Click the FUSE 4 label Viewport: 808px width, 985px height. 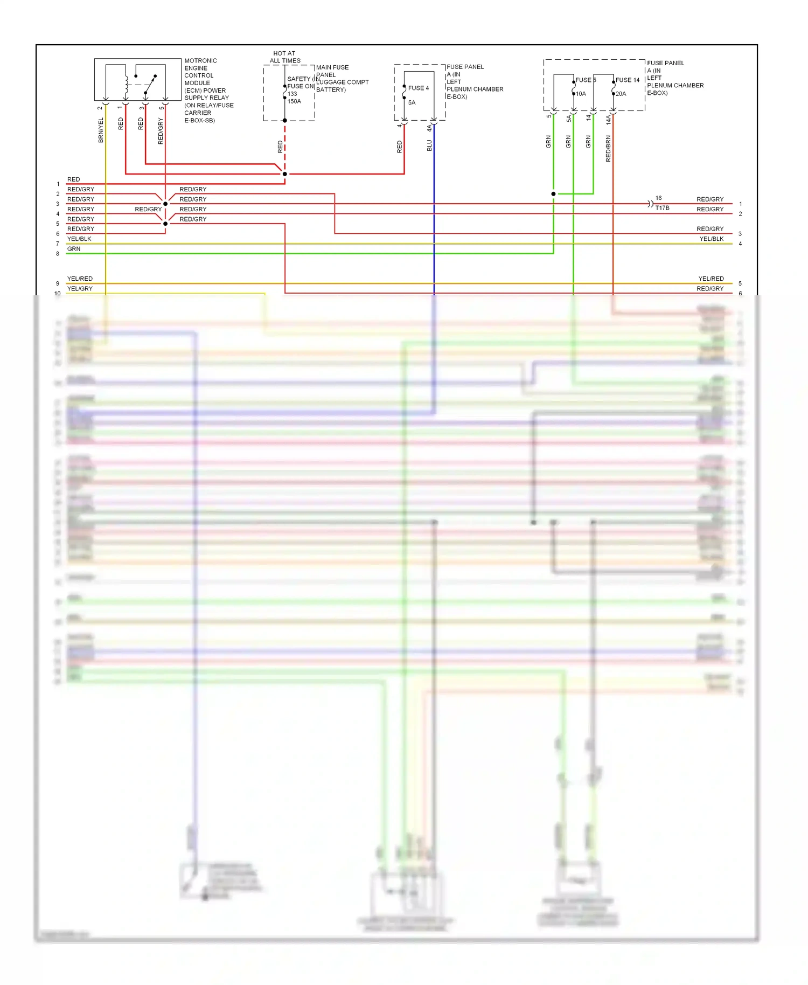pos(418,88)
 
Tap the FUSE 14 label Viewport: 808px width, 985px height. pos(627,80)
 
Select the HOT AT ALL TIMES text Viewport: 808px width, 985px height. pos(285,57)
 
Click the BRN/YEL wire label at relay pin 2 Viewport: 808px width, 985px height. pos(101,130)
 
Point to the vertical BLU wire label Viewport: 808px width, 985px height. pos(429,145)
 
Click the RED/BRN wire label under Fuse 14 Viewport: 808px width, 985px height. pos(608,149)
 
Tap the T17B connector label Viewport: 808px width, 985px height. pos(662,208)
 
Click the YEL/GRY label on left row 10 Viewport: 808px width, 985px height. pos(80,289)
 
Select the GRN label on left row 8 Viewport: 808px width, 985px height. pos(74,249)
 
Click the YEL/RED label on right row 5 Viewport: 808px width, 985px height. pos(711,279)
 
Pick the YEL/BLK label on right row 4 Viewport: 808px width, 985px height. pos(711,239)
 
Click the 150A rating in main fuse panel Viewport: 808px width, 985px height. pos(294,101)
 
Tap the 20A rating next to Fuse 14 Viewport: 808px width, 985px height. pos(621,94)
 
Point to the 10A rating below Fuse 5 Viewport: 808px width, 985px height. pos(581,94)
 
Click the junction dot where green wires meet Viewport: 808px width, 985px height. pos(553,194)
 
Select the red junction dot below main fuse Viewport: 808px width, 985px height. pos(285,174)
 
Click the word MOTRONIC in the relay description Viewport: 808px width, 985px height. pos(200,61)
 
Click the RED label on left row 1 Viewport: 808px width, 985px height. pos(73,179)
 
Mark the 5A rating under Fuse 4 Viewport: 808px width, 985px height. pos(412,102)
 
